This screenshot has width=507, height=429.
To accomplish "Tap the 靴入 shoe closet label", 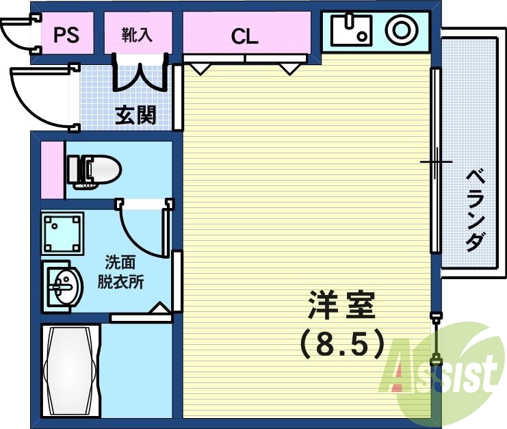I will click(137, 35).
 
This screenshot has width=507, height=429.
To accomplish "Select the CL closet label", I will click(244, 36).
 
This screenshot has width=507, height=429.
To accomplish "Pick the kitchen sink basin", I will click(350, 30).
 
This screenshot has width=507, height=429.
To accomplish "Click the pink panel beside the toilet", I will click(51, 170).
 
